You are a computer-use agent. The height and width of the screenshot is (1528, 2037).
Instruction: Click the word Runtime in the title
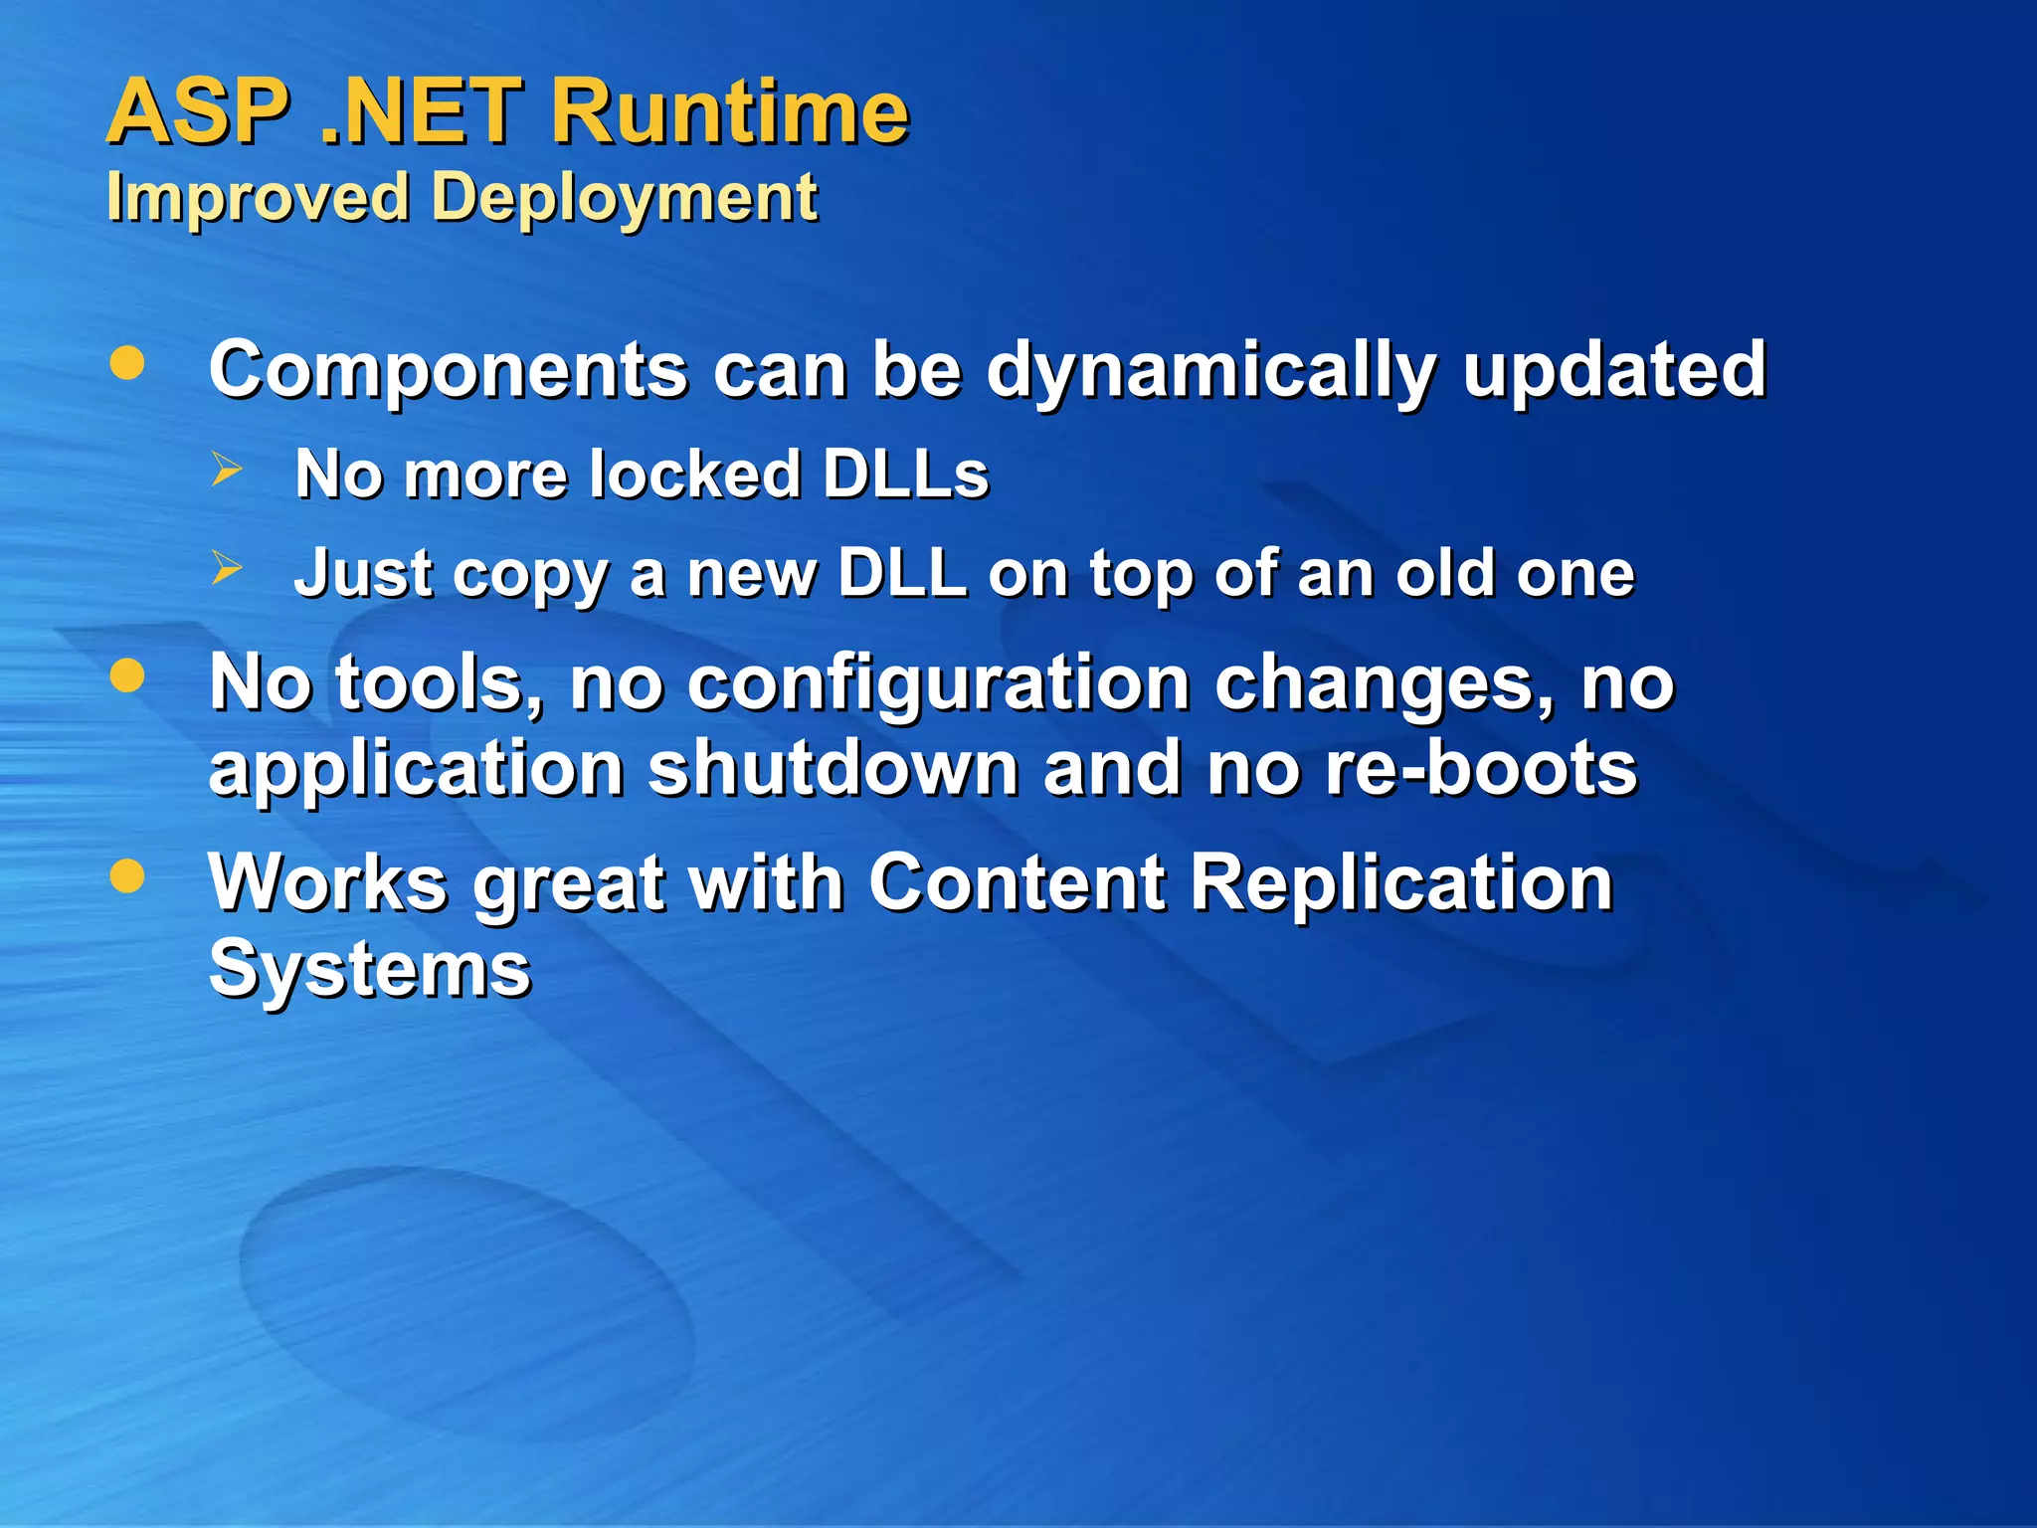click(729, 111)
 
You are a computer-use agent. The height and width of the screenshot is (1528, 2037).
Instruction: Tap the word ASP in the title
click(199, 111)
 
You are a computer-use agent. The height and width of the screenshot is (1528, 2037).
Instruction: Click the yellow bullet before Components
click(127, 363)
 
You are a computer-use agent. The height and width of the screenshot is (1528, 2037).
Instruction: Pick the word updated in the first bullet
click(1613, 369)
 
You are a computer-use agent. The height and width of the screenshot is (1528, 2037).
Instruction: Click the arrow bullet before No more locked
click(227, 469)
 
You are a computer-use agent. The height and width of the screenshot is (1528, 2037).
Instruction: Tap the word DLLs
click(905, 474)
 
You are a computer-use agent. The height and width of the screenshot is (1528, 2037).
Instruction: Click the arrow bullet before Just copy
click(227, 568)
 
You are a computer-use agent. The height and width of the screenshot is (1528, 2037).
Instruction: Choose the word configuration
click(938, 685)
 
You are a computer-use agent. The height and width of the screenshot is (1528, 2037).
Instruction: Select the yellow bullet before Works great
click(127, 876)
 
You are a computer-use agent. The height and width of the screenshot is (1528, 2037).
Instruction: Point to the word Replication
click(1399, 883)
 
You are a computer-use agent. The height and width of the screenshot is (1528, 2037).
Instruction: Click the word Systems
click(370, 970)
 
